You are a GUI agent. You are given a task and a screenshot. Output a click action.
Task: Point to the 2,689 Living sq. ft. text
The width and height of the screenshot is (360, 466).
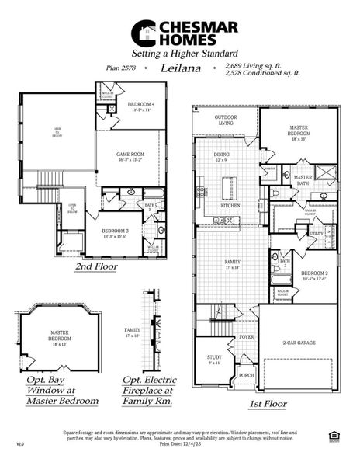pyautogui.click(x=255, y=65)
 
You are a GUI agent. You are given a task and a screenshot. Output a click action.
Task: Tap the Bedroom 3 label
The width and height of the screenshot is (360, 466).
pyautogui.click(x=115, y=232)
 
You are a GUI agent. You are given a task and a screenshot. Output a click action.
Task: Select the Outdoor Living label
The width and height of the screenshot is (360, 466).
pyautogui.click(x=225, y=120)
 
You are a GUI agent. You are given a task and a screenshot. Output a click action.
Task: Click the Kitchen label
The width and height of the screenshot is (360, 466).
pyautogui.click(x=230, y=206)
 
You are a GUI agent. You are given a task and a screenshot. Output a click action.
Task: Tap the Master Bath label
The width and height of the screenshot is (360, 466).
pyautogui.click(x=303, y=180)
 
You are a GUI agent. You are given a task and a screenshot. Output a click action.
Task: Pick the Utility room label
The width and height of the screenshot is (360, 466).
pyautogui.click(x=316, y=233)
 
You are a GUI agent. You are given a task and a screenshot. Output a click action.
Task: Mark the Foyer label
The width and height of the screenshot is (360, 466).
pyautogui.click(x=247, y=337)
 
